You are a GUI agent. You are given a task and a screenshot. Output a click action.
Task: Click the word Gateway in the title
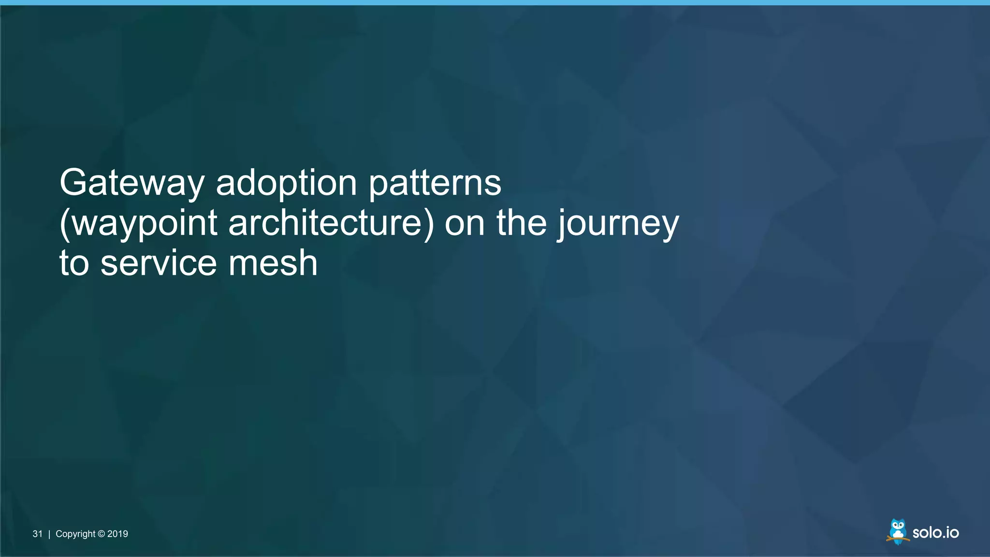[132, 183]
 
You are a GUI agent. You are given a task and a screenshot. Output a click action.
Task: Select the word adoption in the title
[286, 183]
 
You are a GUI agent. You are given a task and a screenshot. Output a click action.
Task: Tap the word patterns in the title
[435, 183]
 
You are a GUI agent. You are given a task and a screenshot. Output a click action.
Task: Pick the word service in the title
[159, 264]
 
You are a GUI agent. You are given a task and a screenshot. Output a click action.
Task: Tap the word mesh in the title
[273, 264]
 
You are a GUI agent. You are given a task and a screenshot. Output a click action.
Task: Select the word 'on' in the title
[464, 223]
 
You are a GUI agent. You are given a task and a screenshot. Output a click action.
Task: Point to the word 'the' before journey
[522, 223]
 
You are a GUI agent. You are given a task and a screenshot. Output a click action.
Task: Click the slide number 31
[37, 534]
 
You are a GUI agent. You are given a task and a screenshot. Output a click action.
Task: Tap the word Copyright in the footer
[75, 534]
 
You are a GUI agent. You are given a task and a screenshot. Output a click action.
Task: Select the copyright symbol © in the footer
[101, 534]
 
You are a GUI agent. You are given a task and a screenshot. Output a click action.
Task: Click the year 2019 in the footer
[117, 534]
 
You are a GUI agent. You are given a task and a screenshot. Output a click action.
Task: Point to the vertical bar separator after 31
[49, 534]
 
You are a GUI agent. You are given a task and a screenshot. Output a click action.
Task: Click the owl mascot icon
[898, 531]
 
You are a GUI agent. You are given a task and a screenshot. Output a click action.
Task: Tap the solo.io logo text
[935, 532]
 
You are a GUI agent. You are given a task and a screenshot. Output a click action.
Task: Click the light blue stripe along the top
[495, 2]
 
